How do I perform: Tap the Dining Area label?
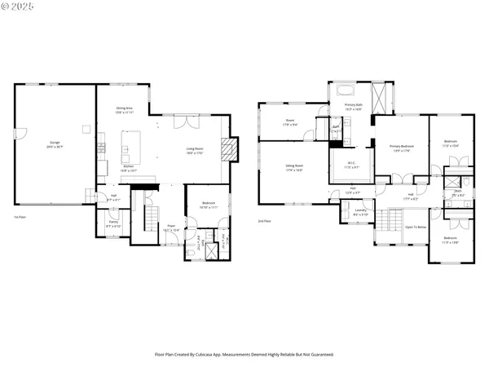[x=124, y=110]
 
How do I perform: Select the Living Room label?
[x=194, y=151]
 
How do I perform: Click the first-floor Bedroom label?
[x=209, y=206]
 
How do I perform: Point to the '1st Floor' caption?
[x=20, y=217]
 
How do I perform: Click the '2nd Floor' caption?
[x=263, y=220]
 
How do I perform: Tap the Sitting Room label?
[x=293, y=169]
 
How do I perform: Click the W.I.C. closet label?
[x=350, y=166]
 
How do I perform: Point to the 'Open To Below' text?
[x=416, y=227]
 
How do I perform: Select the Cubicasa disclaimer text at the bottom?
[x=244, y=355]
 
